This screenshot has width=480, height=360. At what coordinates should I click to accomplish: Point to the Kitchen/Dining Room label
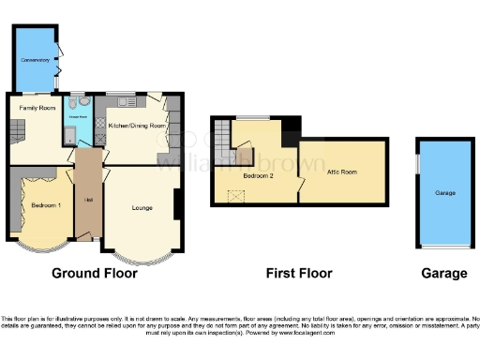coord(137,125)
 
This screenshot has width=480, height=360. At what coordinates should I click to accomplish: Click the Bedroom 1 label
coord(44,204)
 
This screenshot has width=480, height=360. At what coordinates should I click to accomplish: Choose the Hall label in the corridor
coord(88,201)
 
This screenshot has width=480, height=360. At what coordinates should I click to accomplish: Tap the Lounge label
coord(142,205)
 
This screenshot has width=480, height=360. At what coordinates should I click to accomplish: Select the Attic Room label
coord(341,172)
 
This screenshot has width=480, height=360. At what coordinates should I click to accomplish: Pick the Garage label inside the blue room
coord(444,193)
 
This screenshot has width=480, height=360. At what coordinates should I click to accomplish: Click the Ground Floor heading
coord(94,274)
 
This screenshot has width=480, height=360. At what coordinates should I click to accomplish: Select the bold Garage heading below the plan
coord(443,274)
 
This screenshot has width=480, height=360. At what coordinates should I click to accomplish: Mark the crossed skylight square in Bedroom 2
coord(237,195)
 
